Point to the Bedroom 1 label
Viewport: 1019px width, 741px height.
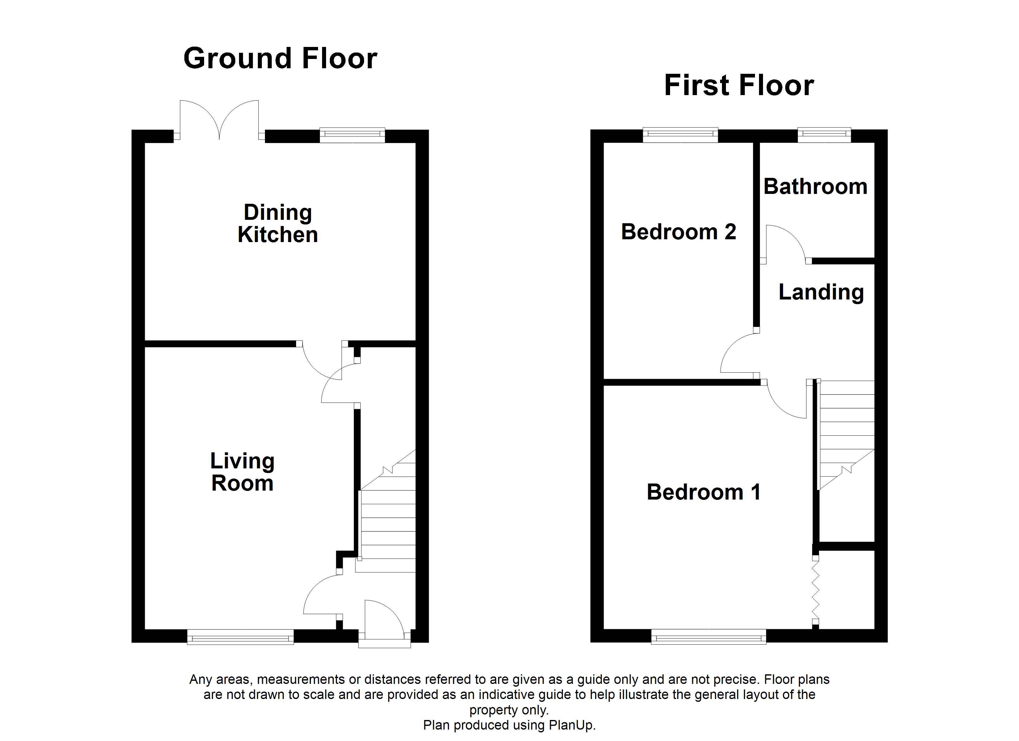coord(704,492)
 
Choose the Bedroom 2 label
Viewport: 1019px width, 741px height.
coord(678,232)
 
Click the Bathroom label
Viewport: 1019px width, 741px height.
coord(815,186)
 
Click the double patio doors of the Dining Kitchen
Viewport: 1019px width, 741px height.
coord(219,119)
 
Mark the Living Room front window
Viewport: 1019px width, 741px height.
coord(240,637)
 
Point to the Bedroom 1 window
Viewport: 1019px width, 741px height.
coord(709,636)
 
